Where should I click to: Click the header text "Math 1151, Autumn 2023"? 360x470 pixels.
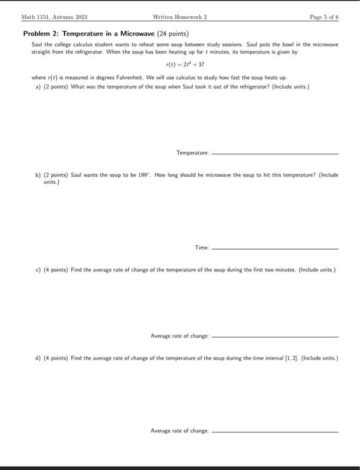coord(49,16)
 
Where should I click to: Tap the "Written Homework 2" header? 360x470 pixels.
coord(180,16)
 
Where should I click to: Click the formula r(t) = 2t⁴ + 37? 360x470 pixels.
coord(180,65)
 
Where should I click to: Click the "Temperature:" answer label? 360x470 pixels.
coord(192,153)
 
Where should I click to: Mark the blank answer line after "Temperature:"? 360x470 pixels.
coord(275,154)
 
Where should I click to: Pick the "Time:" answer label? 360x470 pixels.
coord(201,248)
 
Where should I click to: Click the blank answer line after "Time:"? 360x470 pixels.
coord(275,249)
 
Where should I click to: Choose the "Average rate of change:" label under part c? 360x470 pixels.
coord(179,336)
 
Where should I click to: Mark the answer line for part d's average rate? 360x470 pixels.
coord(275,432)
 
